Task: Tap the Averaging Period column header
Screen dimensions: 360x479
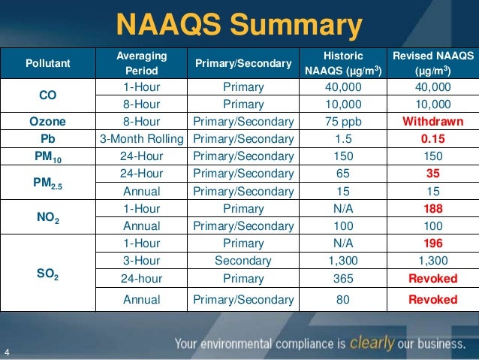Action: [142, 64]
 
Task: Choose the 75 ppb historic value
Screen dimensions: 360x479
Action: [342, 122]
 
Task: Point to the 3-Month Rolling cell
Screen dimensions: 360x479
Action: [142, 139]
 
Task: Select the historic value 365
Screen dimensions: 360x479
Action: [342, 278]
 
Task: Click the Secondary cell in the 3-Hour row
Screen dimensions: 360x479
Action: [243, 261]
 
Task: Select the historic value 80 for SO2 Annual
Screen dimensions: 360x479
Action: [342, 299]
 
